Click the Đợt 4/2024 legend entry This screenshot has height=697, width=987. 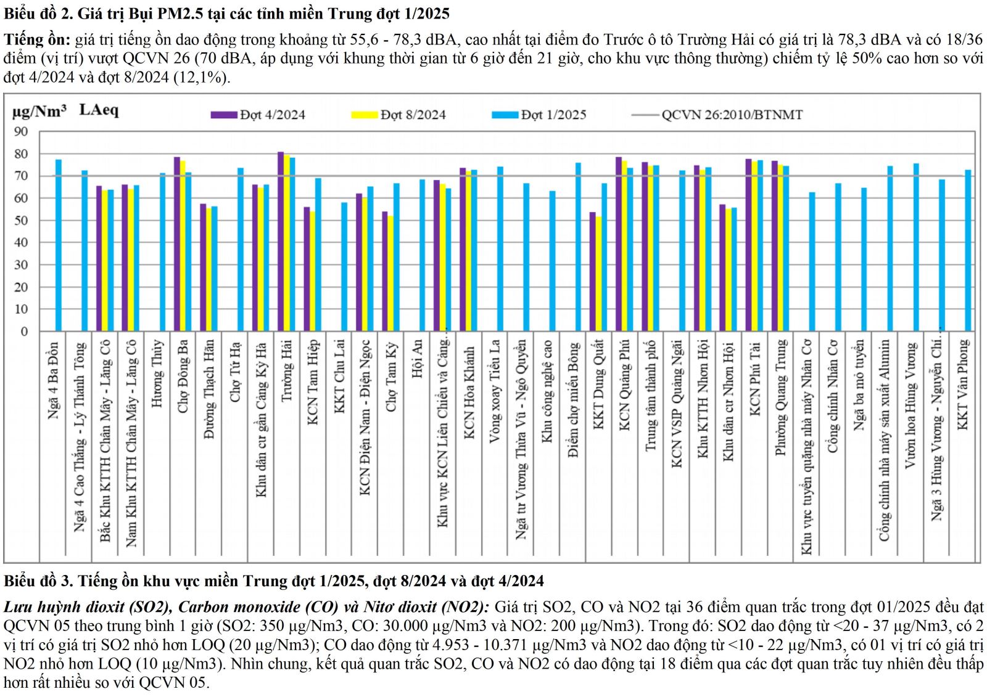pos(272,115)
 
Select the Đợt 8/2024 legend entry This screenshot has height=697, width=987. pos(413,115)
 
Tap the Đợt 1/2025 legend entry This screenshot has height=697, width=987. pos(553,115)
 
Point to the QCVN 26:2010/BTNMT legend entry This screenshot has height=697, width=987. pos(732,115)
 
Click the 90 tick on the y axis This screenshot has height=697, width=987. pos(21,132)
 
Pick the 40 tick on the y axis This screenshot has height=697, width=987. pos(21,243)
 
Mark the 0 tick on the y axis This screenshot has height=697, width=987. pos(24,332)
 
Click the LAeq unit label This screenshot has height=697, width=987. pos(99,110)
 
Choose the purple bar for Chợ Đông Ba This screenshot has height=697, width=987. pos(177,244)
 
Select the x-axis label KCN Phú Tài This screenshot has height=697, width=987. pos(754,379)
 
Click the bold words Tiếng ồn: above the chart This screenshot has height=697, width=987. pos(37,40)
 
